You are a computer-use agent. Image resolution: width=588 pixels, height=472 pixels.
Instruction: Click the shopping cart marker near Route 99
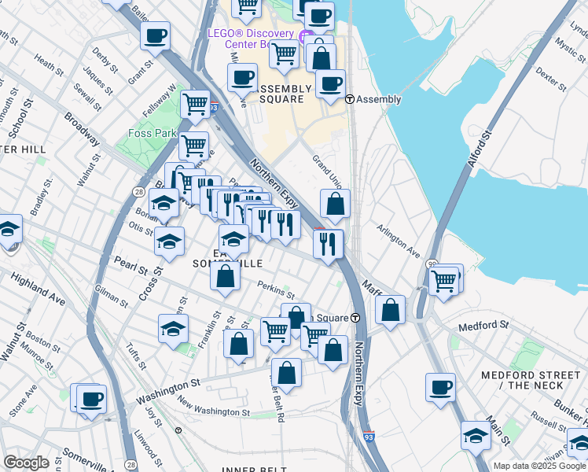click(x=445, y=280)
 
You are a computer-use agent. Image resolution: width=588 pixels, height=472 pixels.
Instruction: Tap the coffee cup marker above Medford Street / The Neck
click(x=441, y=387)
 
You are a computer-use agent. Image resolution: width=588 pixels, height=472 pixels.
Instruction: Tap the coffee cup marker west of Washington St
click(x=91, y=398)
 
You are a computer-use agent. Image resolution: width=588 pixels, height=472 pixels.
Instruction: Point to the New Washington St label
click(x=213, y=412)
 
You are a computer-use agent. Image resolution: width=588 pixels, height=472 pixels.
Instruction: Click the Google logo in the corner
click(x=26, y=462)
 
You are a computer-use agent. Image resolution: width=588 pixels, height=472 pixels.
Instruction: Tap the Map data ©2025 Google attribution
click(x=538, y=466)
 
